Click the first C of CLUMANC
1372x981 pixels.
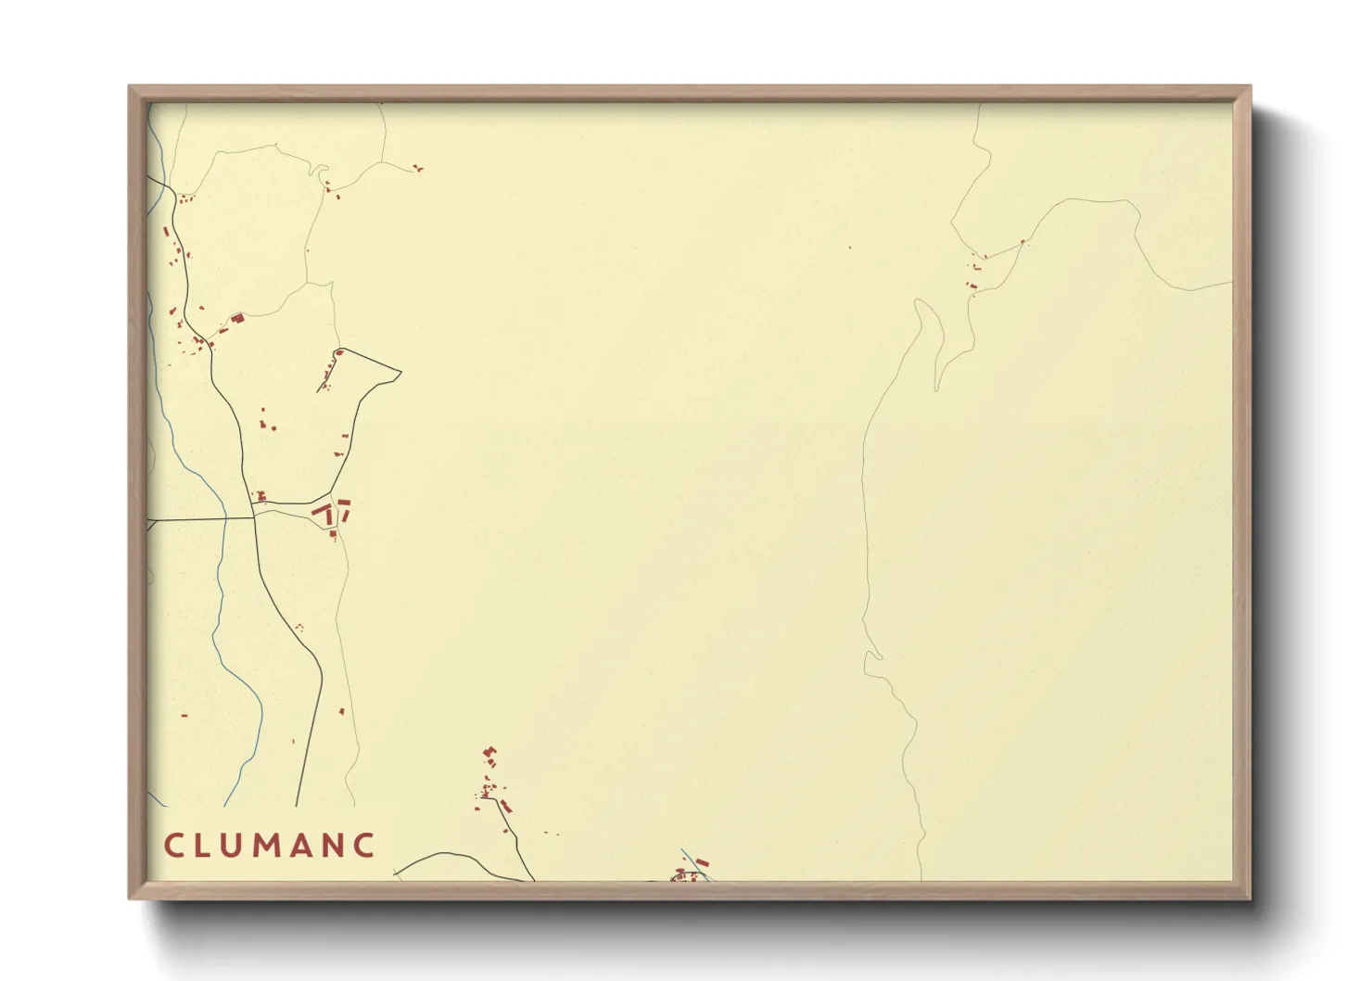click(173, 846)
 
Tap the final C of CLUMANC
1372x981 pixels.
click(365, 846)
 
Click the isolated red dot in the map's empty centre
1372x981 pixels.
click(849, 248)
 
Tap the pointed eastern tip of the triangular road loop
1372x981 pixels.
click(400, 373)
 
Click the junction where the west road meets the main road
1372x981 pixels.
click(254, 517)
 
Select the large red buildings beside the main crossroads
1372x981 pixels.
click(330, 511)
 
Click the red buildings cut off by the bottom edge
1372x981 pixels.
click(688, 873)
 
